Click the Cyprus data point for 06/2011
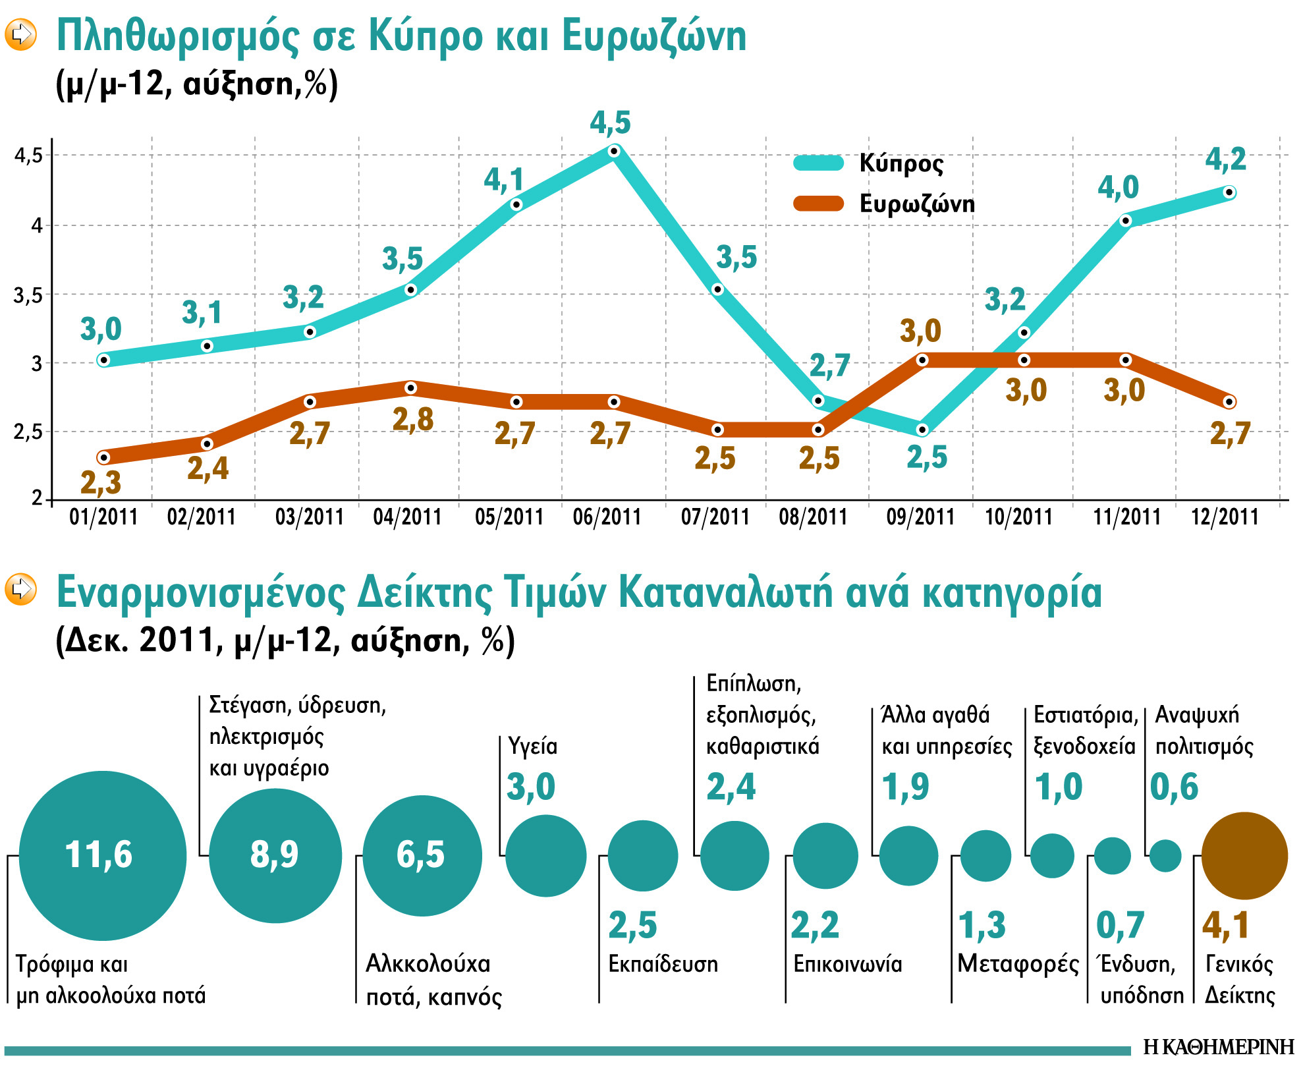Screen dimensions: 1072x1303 click(614, 152)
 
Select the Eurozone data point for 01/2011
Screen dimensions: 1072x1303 click(103, 457)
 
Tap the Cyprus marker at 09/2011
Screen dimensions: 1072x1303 click(922, 430)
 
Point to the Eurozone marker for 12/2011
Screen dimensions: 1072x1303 click(1229, 402)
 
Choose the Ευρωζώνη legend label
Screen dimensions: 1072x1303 click(916, 204)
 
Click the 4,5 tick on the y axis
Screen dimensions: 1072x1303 click(28, 156)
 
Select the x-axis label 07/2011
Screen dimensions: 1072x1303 click(715, 517)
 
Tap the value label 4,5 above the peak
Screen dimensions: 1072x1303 click(610, 123)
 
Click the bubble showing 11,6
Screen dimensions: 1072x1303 click(102, 855)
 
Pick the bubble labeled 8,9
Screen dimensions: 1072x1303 click(275, 855)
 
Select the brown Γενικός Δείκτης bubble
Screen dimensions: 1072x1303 click(1244, 855)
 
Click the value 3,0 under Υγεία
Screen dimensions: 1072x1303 click(531, 787)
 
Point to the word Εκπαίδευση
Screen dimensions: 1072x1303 click(663, 964)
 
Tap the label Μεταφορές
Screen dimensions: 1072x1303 click(1018, 964)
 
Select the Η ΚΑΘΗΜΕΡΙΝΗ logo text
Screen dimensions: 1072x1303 click(1219, 1046)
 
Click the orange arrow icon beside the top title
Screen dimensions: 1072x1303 click(21, 34)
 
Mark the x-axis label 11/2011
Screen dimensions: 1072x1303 click(1126, 517)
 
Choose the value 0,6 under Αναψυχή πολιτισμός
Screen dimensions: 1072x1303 click(1174, 787)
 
